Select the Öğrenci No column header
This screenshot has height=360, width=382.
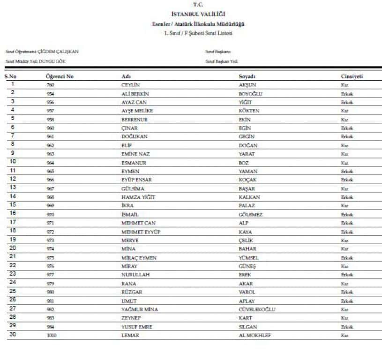(60, 76)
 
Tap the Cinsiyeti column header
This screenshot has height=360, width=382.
(352, 76)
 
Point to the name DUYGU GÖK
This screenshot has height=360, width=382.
(55, 61)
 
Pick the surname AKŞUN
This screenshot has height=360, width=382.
(247, 85)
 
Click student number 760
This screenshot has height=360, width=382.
(51, 85)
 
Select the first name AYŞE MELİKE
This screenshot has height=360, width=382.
(137, 111)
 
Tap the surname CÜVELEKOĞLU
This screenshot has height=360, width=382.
(257, 309)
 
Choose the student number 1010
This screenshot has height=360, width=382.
(52, 335)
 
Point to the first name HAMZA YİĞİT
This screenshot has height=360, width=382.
(138, 197)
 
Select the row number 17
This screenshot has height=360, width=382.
(13, 222)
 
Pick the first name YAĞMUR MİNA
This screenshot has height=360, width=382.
(139, 309)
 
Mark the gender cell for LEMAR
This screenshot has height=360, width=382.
(345, 335)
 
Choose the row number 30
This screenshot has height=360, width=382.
(13, 335)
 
